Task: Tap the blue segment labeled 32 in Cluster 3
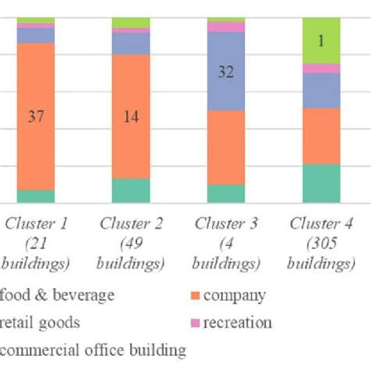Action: [x=226, y=71]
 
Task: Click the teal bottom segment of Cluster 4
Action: [x=321, y=183]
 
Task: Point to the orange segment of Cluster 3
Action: [x=226, y=147]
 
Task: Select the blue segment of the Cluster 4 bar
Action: [x=321, y=90]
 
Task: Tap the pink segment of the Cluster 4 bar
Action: [x=321, y=68]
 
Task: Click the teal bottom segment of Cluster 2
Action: [x=131, y=190]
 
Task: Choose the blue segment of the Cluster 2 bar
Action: [x=131, y=44]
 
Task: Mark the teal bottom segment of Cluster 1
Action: [x=35, y=196]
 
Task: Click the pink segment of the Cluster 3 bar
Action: [x=226, y=27]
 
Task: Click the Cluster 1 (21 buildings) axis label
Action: [x=37, y=243]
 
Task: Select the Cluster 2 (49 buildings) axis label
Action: [x=131, y=243]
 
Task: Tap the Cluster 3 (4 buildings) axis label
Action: [x=226, y=243]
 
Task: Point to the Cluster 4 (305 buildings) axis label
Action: [x=321, y=243]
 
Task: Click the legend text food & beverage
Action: [x=58, y=296]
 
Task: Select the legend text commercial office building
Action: [x=93, y=350]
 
